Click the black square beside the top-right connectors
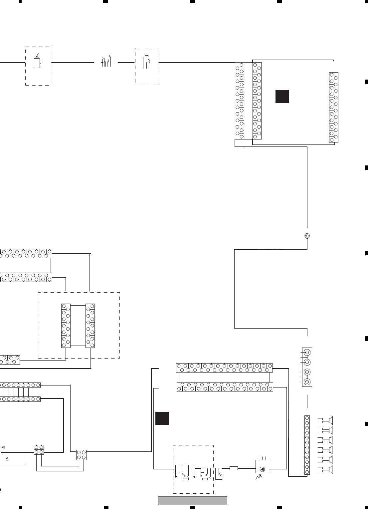click(x=282, y=97)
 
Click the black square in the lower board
click(x=162, y=418)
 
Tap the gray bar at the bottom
click(x=192, y=500)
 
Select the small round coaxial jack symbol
click(x=307, y=236)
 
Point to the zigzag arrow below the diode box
click(x=259, y=478)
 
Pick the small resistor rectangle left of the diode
click(x=234, y=468)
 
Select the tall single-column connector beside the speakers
click(x=307, y=445)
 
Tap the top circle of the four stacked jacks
click(x=307, y=352)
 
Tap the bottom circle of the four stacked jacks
click(x=307, y=382)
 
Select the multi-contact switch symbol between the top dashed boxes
click(x=106, y=62)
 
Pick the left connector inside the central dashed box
click(x=66, y=326)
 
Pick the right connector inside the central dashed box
click(x=90, y=326)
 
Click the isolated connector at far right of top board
click(x=333, y=107)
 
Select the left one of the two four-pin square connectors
click(x=39, y=449)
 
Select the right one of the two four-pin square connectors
click(x=81, y=455)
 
